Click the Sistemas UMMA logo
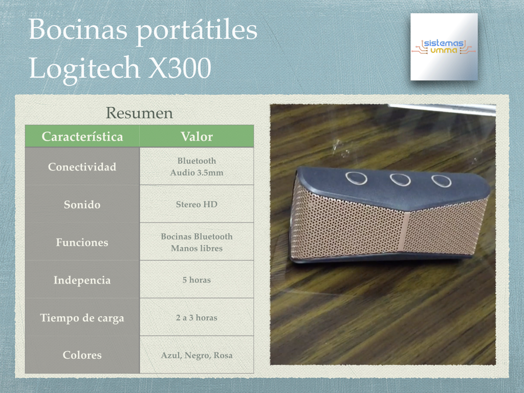pos(444,47)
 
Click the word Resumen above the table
pos(139,113)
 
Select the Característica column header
pos(82,136)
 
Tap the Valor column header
pos(197,136)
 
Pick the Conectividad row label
pos(82,166)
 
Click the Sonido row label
pos(82,204)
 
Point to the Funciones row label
pos(82,242)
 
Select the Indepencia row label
pos(82,280)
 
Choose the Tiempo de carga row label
pos(82,317)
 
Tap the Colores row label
pos(82,355)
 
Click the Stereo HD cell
pos(197,204)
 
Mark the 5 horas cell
pos(197,280)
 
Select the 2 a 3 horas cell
pos(197,317)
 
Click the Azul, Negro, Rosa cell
pos(197,355)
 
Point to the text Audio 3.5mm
pos(197,172)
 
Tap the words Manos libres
pos(197,248)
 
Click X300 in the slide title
pos(180,68)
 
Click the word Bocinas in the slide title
pos(78,29)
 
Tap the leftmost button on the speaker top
pos(356,178)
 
